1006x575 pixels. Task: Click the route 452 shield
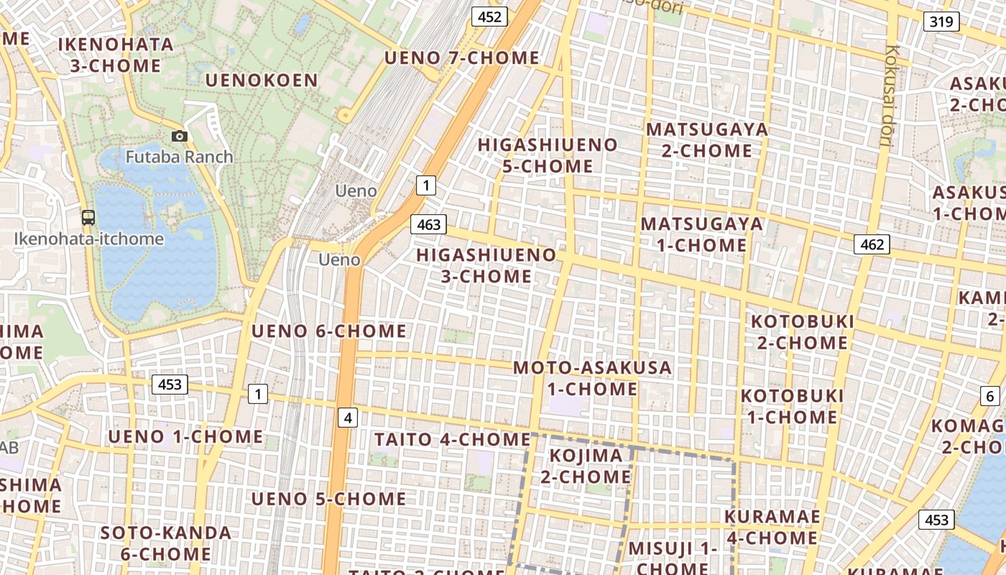489,17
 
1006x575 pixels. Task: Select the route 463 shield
428,225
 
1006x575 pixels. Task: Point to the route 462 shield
872,244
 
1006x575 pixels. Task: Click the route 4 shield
348,417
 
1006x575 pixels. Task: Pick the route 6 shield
989,395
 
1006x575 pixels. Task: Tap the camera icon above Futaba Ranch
180,136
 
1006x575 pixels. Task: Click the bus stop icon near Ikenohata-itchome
88,217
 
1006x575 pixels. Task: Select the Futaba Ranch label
179,157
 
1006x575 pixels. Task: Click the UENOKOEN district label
262,80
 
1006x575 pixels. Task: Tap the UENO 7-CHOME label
461,57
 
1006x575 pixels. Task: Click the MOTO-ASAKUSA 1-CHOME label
592,378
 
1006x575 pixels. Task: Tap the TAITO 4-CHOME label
452,439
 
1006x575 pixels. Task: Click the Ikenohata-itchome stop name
89,239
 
